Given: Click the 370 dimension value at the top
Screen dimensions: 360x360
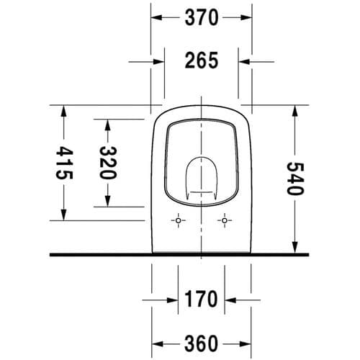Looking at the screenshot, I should (x=202, y=18).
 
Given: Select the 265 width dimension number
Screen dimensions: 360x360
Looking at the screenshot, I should (x=202, y=61).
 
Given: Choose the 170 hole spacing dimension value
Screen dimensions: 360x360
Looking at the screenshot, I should (x=202, y=297).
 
